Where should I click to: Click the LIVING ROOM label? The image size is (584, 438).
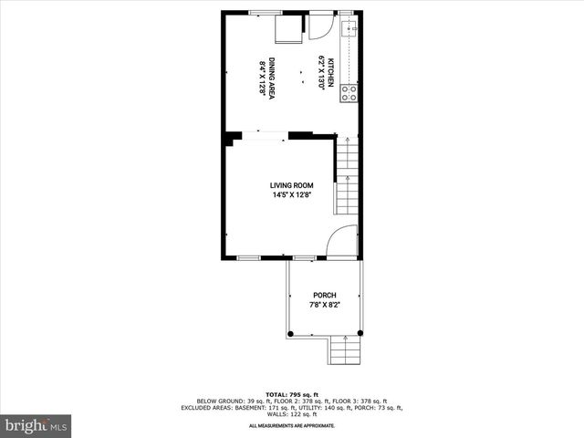pos(291,185)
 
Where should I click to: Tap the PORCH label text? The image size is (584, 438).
pos(325,295)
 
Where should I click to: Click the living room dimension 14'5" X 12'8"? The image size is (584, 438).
pos(291,195)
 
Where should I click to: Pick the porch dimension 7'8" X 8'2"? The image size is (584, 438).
pos(325,305)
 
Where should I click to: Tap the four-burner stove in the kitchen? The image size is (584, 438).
pos(349,91)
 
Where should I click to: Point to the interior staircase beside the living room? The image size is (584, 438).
pos(347,178)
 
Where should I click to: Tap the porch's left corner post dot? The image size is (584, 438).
pos(291,335)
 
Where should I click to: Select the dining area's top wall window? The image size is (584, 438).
pos(266,12)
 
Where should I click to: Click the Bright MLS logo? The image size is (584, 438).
pos(36,425)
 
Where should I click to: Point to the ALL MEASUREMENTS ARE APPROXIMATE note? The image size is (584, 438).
pos(292,425)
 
